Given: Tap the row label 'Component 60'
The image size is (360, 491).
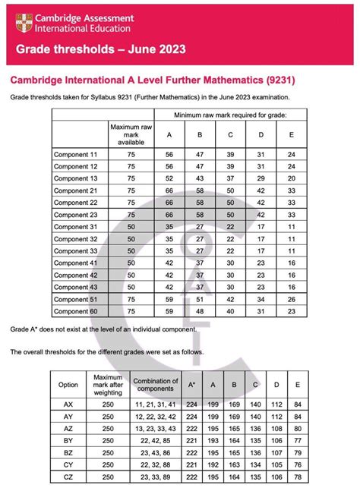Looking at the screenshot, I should [76, 310].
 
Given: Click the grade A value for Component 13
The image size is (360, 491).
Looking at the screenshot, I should [169, 178].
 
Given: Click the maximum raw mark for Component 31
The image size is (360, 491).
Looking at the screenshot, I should [132, 226].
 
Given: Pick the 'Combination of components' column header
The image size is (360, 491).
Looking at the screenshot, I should [155, 385].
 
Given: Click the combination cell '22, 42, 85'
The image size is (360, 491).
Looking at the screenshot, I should [155, 441].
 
